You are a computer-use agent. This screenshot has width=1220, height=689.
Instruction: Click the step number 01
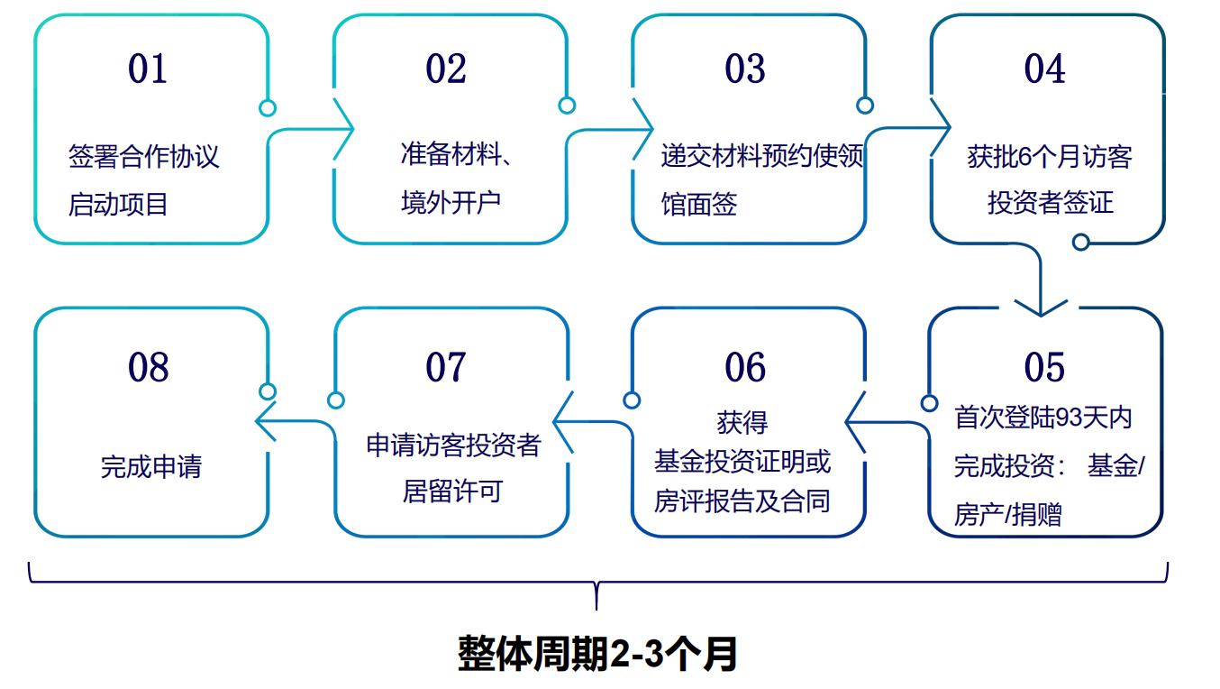click(x=148, y=69)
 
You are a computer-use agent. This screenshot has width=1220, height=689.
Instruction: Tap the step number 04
click(x=1044, y=69)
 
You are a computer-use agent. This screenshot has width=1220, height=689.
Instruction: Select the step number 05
click(x=1044, y=367)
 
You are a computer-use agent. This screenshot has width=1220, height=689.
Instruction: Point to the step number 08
click(x=148, y=367)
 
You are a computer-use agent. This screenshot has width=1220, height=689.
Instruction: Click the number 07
click(x=446, y=367)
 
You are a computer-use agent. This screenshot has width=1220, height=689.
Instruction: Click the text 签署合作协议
click(x=144, y=156)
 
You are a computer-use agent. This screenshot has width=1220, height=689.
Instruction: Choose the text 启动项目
click(x=118, y=204)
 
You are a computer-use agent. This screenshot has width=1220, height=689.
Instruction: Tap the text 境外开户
click(x=451, y=202)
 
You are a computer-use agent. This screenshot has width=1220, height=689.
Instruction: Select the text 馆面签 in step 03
click(x=698, y=204)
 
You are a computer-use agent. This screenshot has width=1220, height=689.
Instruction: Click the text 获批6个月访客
click(x=1050, y=156)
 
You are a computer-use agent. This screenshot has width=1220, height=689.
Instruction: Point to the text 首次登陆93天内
click(x=1042, y=418)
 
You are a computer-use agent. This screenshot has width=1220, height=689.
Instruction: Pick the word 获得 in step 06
click(x=742, y=421)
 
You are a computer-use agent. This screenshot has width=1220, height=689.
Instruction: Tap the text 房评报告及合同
click(x=742, y=501)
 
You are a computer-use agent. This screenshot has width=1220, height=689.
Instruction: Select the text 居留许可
click(x=452, y=491)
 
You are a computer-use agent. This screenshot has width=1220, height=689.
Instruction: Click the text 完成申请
click(x=151, y=467)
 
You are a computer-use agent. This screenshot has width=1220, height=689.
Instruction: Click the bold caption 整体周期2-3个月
click(x=597, y=654)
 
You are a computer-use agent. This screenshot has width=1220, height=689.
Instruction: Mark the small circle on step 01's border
click(x=267, y=108)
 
